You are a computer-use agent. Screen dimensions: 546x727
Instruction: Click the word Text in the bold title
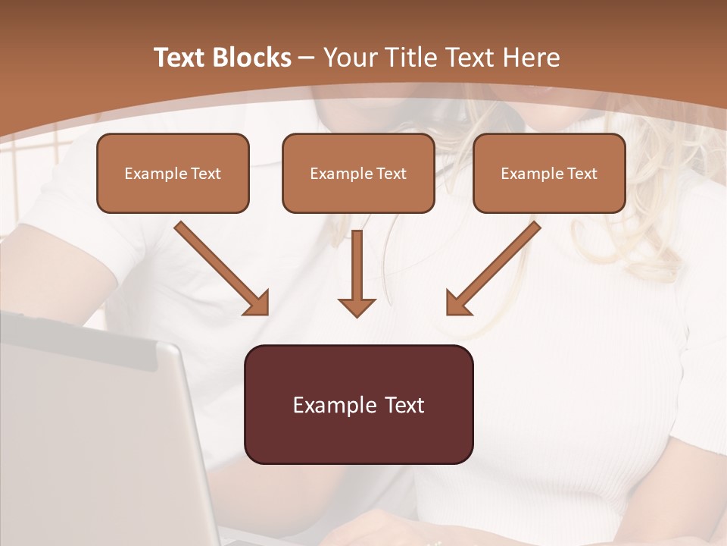coord(180,58)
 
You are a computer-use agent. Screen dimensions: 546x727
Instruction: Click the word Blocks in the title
coord(253,58)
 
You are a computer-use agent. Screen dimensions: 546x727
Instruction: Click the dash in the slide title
coord(307,58)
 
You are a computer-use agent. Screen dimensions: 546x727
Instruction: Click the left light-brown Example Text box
coord(173,173)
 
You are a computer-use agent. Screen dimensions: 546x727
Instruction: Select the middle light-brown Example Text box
coord(358,173)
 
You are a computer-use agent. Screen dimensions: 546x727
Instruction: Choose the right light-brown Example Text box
coord(549,173)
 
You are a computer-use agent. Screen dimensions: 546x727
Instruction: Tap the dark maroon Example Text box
coord(358,404)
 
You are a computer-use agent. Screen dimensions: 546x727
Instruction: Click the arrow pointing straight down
coord(357,273)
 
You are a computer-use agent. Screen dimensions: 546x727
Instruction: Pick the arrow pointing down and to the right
coord(221,268)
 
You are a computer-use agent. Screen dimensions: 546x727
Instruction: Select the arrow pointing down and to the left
coord(494,268)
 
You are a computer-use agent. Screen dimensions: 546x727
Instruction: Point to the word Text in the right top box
coord(582,174)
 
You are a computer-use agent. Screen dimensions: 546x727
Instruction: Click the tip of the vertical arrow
coord(357,315)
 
